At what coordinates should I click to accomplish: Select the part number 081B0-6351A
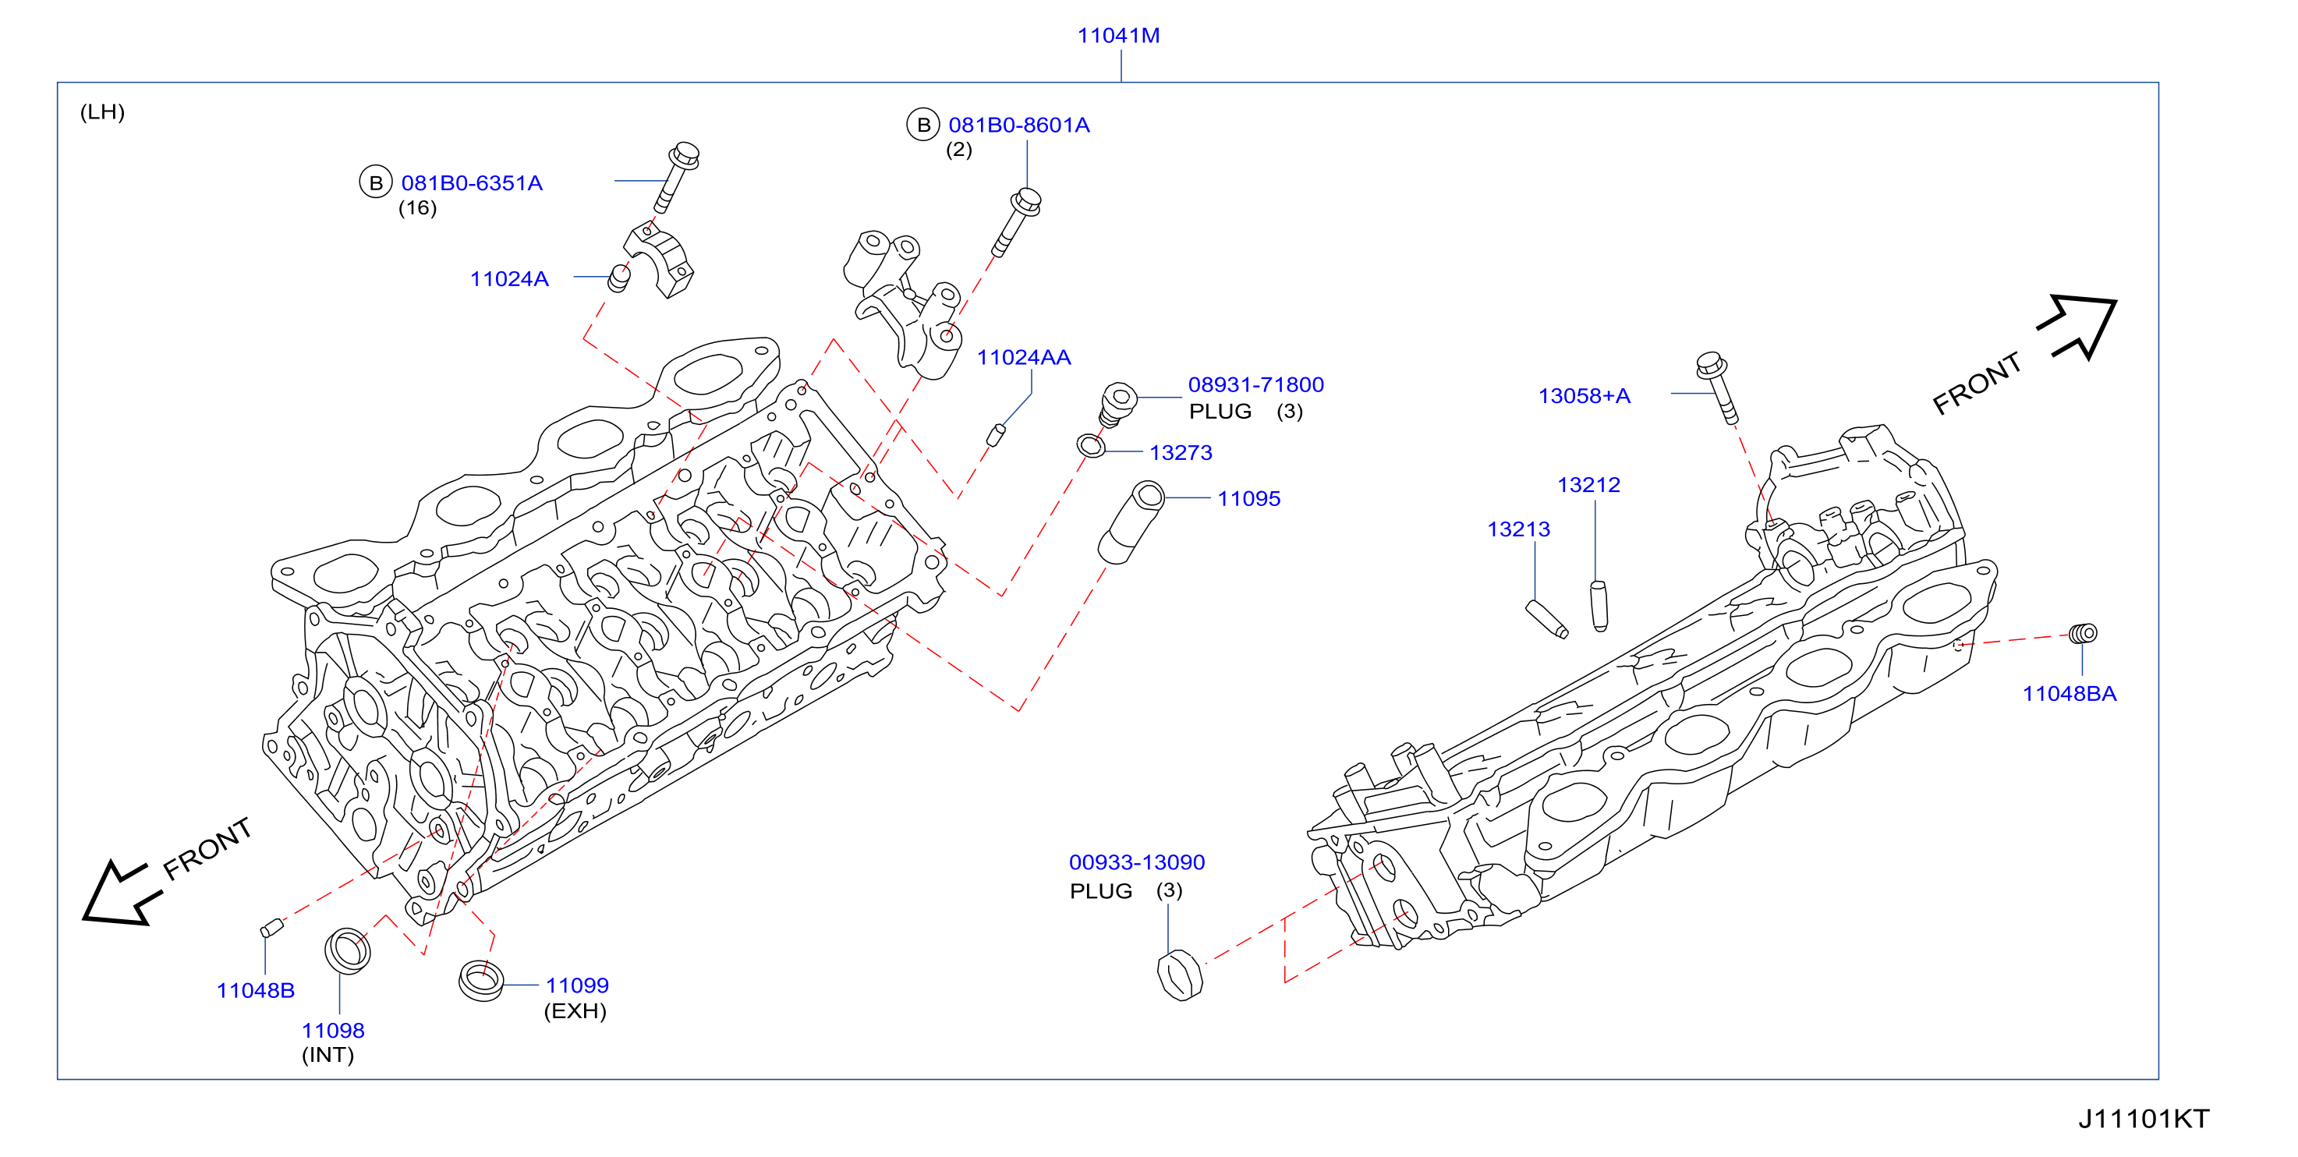tap(472, 183)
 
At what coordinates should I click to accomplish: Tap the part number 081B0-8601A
tap(1018, 125)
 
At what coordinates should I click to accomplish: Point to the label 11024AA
tap(1023, 357)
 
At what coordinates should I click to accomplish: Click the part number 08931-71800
tap(1255, 384)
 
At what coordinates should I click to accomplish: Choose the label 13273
tap(1181, 452)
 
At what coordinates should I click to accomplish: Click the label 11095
tap(1249, 499)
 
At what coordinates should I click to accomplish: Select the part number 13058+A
tap(1584, 396)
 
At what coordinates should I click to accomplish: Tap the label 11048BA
tap(2069, 693)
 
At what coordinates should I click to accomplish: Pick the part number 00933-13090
tap(1136, 862)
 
